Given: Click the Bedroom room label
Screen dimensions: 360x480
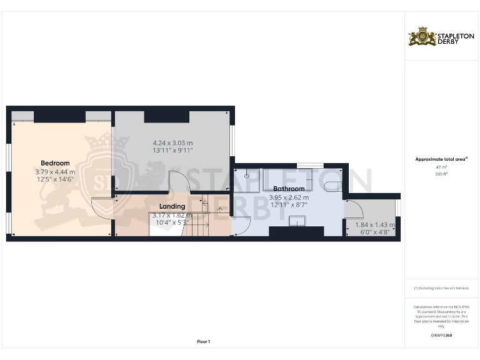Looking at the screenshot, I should [55, 164].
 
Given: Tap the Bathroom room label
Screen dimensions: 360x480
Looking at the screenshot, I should [289, 189].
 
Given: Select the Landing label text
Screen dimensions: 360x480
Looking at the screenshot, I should [172, 206].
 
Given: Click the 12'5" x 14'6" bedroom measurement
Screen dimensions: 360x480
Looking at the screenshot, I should [55, 179].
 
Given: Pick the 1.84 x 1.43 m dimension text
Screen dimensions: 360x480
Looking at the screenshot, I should [374, 225].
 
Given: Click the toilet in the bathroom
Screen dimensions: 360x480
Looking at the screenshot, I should [332, 184].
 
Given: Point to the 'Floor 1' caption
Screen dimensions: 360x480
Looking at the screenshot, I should [203, 341].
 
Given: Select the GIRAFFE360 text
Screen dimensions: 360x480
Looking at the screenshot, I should [441, 336].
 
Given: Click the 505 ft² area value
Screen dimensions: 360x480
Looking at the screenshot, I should [441, 174].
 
